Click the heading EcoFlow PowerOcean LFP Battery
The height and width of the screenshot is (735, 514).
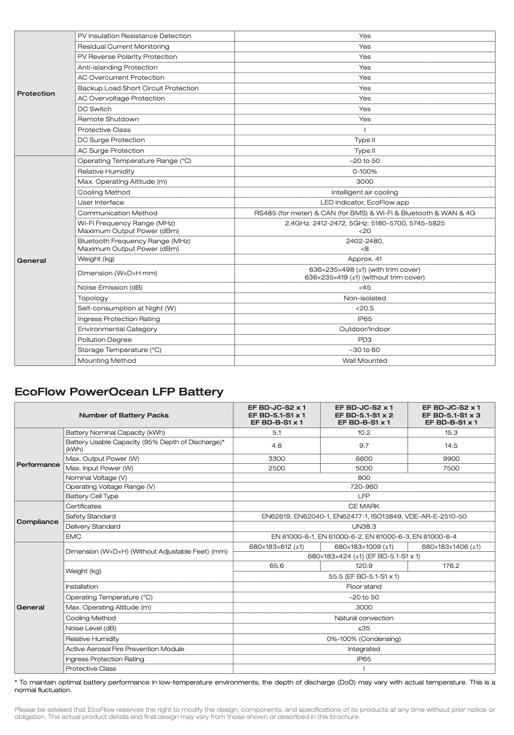(x=119, y=391)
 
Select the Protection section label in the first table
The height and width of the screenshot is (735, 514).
(x=36, y=93)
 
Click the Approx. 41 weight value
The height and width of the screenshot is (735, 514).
(x=365, y=259)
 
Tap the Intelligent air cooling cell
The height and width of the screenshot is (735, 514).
(x=365, y=192)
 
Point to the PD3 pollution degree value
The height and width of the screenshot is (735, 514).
(x=365, y=340)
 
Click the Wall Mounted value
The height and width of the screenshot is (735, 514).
(x=365, y=360)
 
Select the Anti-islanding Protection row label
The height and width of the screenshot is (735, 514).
(x=118, y=67)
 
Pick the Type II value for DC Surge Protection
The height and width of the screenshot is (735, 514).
(x=365, y=140)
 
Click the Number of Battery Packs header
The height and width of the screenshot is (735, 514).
(x=124, y=415)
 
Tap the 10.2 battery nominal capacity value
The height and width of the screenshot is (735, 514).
(x=364, y=433)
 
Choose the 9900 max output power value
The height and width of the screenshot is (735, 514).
(x=451, y=458)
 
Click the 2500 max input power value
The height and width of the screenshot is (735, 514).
(x=277, y=468)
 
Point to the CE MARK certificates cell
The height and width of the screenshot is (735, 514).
(x=364, y=506)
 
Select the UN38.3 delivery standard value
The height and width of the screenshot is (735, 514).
(x=364, y=526)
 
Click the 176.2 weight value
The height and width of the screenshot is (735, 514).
(x=451, y=566)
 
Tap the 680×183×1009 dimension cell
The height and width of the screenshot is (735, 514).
(x=364, y=546)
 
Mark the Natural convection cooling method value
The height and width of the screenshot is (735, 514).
(x=364, y=618)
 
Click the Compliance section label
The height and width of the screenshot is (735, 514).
(x=37, y=522)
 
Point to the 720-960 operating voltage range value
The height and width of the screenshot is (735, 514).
(x=364, y=486)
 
